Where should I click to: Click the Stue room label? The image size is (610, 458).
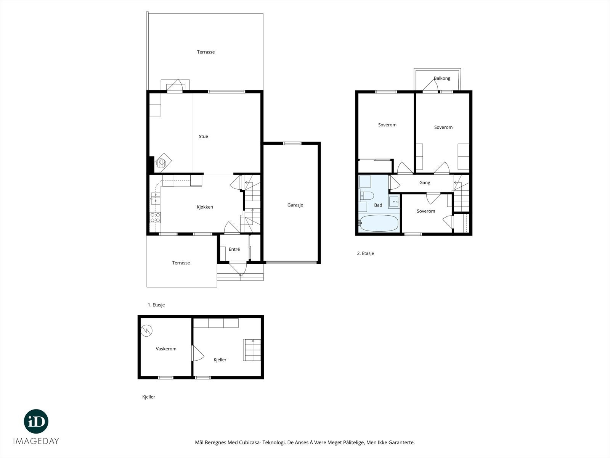203,137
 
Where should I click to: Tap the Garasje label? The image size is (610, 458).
295,205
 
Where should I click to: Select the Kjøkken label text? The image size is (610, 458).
205,207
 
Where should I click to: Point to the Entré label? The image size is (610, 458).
234,250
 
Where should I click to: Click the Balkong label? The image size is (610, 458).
442,78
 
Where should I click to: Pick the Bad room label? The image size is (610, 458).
378,205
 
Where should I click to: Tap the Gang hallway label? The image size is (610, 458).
425,183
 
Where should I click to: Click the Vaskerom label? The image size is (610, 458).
166,349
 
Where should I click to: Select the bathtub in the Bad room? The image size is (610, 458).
379,223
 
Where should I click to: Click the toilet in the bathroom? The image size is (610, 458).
366,196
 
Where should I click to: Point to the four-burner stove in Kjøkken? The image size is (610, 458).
155,218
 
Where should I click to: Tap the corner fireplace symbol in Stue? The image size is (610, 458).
162,162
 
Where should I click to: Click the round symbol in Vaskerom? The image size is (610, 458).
146,331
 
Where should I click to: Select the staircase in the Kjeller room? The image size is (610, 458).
252,350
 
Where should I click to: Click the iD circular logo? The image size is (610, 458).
36,421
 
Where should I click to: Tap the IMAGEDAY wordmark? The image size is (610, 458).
36,441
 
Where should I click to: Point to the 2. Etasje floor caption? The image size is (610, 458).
366,253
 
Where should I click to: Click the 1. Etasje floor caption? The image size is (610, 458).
156,305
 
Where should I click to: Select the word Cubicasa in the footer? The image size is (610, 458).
250,442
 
